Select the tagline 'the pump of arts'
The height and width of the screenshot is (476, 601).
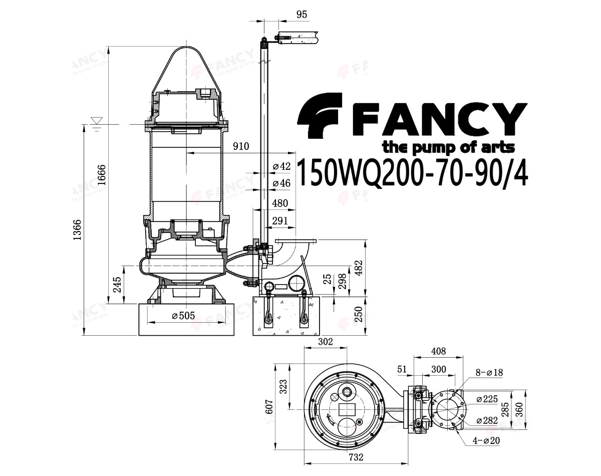[x=448, y=147]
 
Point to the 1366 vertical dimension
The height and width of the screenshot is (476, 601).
[x=77, y=230]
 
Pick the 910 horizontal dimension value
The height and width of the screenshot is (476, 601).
[x=241, y=146]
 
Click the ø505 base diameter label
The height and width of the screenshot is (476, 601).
[x=183, y=316]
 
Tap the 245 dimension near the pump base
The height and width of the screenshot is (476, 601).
[x=117, y=285]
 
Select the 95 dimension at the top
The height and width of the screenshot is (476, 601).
[x=302, y=15]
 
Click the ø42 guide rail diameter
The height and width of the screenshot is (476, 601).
[x=281, y=166]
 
